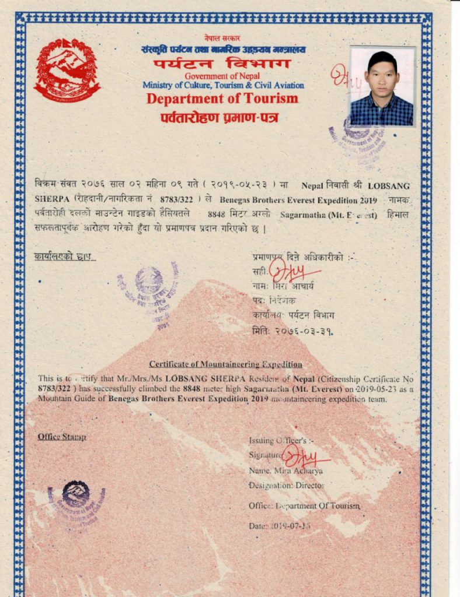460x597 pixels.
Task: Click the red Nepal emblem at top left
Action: (67, 70)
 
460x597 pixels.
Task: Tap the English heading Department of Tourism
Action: (222, 99)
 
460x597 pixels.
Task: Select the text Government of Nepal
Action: (222, 76)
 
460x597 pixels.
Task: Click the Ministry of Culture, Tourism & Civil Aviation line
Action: (223, 85)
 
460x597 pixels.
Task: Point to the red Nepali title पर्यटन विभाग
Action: (222, 63)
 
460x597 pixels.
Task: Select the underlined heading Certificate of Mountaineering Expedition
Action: (225, 364)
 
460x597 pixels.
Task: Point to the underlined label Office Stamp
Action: (62, 437)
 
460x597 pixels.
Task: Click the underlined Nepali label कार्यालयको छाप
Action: (64, 256)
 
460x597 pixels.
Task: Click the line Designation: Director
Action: (286, 485)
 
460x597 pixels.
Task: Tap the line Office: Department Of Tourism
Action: (304, 505)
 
